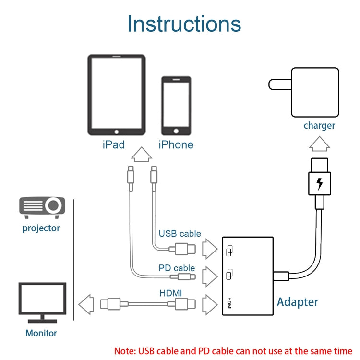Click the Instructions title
(x=184, y=24)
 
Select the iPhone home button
(x=176, y=131)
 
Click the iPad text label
(x=114, y=144)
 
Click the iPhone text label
(x=176, y=144)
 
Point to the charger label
(x=319, y=126)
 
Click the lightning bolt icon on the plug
(x=319, y=183)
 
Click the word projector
(x=41, y=228)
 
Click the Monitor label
(x=41, y=333)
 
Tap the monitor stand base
(x=42, y=320)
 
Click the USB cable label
(x=180, y=234)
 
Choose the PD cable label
(x=177, y=268)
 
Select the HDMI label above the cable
(x=170, y=292)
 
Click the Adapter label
(x=298, y=302)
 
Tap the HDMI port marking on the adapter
(x=229, y=303)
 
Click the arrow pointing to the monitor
(x=86, y=304)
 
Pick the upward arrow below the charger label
(x=319, y=144)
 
